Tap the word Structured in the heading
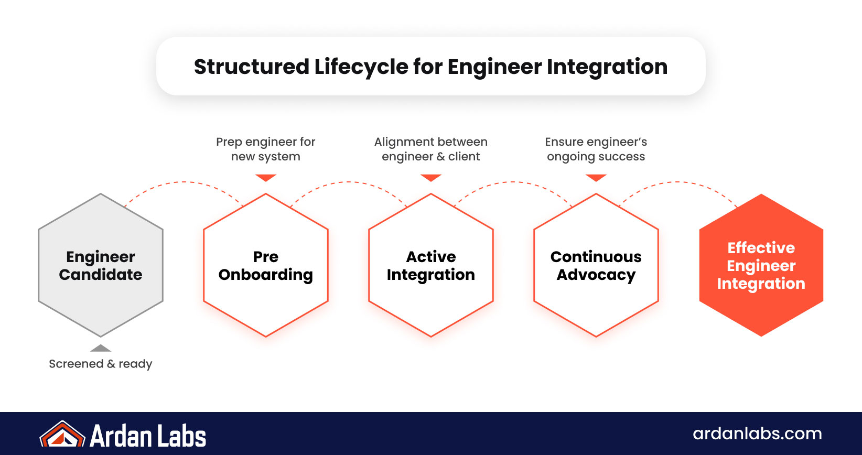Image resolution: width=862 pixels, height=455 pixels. pos(252,67)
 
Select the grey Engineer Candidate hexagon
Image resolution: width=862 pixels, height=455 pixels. pos(101,265)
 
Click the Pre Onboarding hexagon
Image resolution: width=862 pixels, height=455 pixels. pos(266,265)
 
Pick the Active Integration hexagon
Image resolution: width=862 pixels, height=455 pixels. pos(431,265)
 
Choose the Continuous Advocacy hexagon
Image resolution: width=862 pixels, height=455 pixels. pos(596,265)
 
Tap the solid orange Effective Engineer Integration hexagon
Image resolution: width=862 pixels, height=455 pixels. pos(761,265)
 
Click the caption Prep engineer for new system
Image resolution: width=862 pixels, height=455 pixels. pos(266,149)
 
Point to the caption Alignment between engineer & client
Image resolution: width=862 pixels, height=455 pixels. pos(431,149)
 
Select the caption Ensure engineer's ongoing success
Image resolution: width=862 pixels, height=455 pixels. pos(596,149)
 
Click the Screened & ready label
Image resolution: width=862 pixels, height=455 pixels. pos(101,364)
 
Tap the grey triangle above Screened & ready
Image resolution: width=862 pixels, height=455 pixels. pos(101,349)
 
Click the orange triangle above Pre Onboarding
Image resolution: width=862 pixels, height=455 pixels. pos(266,178)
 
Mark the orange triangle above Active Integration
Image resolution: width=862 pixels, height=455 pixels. pos(431,178)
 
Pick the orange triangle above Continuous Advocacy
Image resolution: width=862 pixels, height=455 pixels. pos(596,178)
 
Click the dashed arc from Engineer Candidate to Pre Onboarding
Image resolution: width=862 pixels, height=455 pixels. pos(184,182)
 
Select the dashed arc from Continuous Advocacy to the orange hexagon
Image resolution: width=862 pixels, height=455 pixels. pos(678,182)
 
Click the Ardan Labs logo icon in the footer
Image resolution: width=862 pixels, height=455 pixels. pos(62,435)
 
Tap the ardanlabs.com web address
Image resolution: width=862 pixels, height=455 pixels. pos(757,434)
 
